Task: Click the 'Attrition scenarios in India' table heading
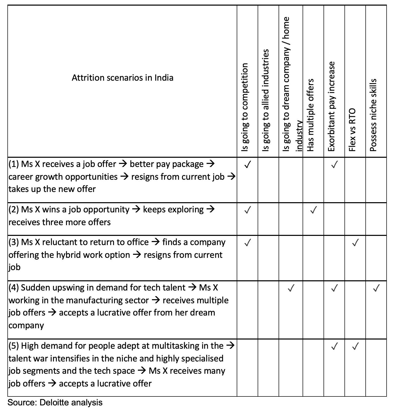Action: coord(122,78)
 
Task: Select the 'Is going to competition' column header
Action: coord(245,107)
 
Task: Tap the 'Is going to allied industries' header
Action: coord(266,100)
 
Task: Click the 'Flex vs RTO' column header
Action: coord(352,130)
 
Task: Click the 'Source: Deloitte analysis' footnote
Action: coord(55,403)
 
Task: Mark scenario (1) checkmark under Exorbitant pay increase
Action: coord(334,164)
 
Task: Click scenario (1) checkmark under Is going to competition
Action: coord(247,164)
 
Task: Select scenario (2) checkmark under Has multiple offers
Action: coord(313,210)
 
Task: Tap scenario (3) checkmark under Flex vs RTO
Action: coord(355,243)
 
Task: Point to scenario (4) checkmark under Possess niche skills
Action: coord(376,288)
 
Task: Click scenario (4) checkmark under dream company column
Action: coord(291,288)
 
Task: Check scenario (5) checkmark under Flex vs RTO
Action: coord(355,346)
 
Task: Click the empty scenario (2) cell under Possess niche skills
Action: coord(376,219)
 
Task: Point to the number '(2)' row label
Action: coord(14,210)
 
